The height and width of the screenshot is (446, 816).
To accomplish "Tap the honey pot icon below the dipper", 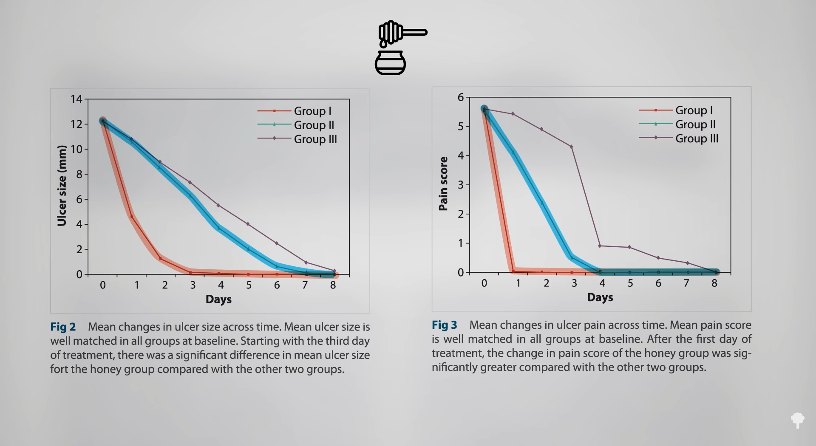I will click(390, 63).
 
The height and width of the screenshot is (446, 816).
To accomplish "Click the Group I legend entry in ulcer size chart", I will click(312, 111).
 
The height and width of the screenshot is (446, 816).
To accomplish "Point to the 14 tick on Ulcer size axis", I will click(76, 99).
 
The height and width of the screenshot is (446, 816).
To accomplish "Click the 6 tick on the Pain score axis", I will click(461, 98).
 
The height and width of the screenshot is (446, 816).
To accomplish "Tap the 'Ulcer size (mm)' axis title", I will click(62, 186).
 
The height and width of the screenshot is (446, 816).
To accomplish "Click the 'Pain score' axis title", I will click(443, 183).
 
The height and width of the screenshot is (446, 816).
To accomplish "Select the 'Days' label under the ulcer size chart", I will click(218, 299).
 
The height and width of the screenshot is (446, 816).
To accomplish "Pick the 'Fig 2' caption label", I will click(63, 327).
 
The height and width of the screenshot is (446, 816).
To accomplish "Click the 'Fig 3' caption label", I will click(445, 325).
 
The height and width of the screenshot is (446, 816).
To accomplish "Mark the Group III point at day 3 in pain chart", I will click(571, 147).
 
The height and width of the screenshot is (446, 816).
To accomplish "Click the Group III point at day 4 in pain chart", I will click(600, 246).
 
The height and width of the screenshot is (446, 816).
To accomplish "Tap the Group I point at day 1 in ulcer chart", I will click(132, 217).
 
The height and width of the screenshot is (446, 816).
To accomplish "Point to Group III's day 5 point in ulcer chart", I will click(248, 224).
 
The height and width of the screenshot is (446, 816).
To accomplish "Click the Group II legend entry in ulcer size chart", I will click(314, 125).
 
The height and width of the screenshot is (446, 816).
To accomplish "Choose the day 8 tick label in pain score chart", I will click(714, 283).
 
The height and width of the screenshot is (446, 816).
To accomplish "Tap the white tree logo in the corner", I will click(798, 420).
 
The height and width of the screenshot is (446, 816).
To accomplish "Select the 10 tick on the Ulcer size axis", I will click(76, 149).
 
